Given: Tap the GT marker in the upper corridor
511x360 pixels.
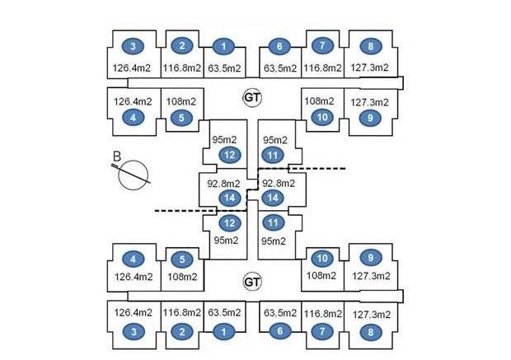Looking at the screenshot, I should (x=252, y=96).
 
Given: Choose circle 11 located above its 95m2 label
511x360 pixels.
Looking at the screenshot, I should (x=273, y=222).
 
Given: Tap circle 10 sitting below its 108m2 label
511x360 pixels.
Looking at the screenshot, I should (x=322, y=118).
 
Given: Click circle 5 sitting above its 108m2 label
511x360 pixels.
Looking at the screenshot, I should (x=181, y=258).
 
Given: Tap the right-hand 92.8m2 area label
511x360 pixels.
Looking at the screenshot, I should (x=279, y=183).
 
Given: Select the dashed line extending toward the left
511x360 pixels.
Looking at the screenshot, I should (x=177, y=211).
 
